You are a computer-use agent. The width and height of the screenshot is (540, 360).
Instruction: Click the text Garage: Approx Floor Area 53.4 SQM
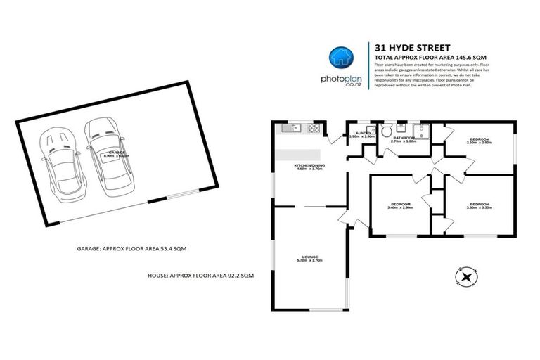[x=131, y=249]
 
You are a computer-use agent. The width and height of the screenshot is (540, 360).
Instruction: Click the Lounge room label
[x=309, y=258]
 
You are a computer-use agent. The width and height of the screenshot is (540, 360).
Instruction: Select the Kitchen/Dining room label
[x=307, y=167]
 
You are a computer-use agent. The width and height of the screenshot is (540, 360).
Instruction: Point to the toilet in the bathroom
[x=384, y=131]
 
